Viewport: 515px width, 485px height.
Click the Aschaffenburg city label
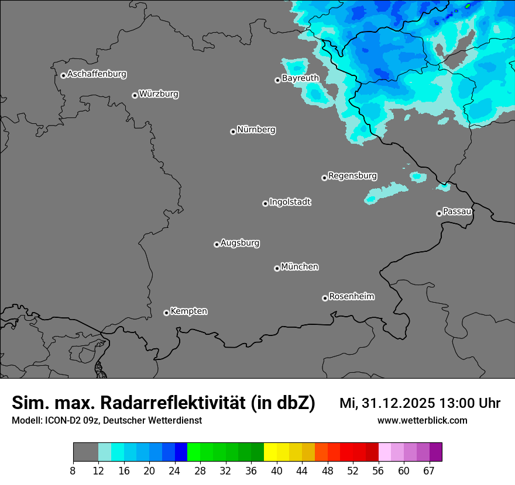97,74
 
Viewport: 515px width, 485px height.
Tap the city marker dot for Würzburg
135,95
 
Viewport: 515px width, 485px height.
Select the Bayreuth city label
300,78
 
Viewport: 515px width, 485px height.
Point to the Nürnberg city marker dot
233,131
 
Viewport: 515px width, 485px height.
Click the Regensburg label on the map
352,175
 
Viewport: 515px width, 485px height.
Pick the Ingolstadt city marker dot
265,203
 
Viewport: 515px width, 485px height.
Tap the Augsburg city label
240,243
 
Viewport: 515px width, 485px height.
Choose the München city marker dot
277,268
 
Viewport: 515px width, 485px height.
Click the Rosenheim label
351,296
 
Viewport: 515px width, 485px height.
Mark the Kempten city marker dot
166,313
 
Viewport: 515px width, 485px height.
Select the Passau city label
457,212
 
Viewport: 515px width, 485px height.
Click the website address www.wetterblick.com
422,420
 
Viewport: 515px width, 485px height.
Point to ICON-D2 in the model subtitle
63,420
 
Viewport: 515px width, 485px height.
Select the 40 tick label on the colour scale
277,471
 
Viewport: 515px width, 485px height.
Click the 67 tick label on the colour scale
429,471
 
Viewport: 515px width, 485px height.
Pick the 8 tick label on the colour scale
73,471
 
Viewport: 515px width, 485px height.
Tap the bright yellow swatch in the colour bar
270,452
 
